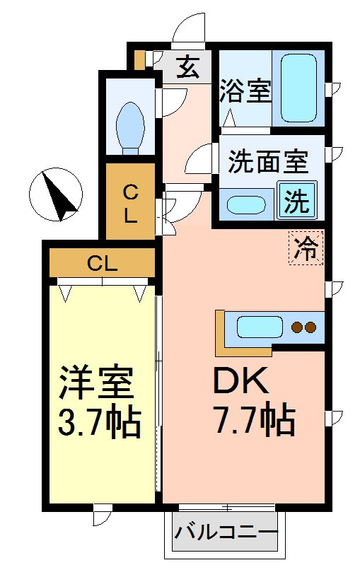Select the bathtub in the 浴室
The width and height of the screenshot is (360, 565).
298,88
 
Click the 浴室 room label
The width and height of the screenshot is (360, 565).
245,91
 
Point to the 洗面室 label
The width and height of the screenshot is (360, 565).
268,161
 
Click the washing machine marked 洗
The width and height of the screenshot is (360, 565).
296,200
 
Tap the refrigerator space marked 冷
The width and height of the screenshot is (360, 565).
306,248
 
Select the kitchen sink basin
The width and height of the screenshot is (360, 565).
260,327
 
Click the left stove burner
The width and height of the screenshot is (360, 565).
297,327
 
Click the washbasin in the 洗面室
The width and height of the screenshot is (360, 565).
246,204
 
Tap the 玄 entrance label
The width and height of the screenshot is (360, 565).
187,67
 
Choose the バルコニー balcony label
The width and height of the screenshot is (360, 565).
226,532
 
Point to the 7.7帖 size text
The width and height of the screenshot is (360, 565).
255,421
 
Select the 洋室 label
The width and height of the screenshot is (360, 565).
96,383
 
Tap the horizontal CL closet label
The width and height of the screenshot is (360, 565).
103,264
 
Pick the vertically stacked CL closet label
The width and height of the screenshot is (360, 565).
130,204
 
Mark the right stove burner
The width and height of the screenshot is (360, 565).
310,327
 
